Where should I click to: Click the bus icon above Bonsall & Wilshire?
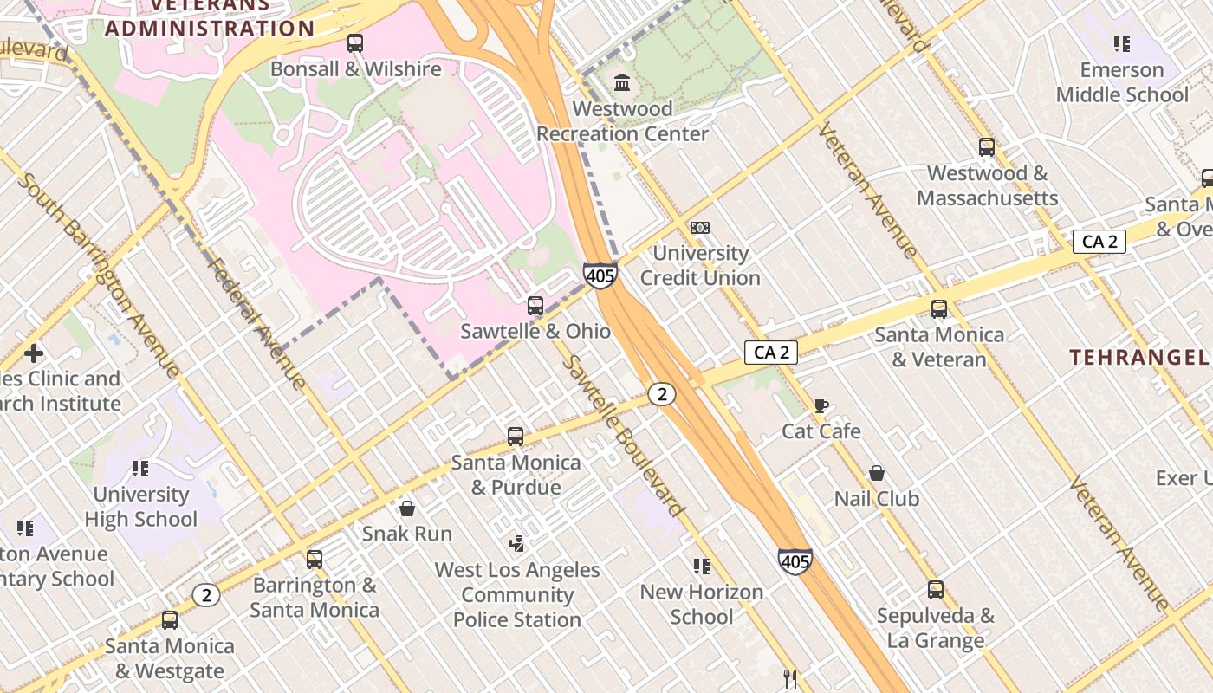pos(354,43)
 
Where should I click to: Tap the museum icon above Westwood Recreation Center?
pos(622,83)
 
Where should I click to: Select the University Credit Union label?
pos(700,265)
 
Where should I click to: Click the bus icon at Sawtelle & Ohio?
pos(535,306)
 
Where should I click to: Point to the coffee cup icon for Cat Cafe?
pos(821,405)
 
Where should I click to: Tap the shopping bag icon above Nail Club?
pos(877,473)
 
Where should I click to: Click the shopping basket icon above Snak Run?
pos(406,508)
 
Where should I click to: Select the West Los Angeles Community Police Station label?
pos(517,594)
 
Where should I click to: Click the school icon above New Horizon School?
pos(702,567)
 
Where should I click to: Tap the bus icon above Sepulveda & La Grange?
pos(936,590)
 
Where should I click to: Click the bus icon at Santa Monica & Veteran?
pos(939,309)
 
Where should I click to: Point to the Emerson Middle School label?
pos(1122,82)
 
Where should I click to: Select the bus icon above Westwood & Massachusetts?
pos(987,147)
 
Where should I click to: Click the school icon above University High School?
pos(140,469)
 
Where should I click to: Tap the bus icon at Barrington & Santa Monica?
pos(315,560)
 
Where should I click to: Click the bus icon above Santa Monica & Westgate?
pos(170,620)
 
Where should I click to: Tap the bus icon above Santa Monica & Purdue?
pos(516,437)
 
